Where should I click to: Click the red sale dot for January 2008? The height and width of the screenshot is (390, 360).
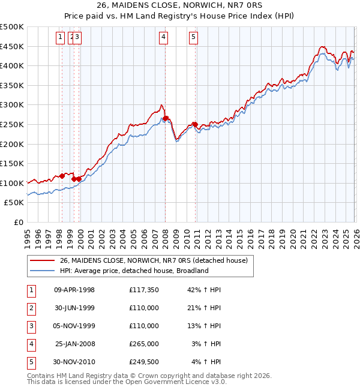click(166, 118)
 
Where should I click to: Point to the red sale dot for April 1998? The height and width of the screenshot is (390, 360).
click(62, 176)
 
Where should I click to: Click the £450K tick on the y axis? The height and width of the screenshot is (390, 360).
click(13, 46)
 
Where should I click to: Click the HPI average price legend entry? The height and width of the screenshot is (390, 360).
click(133, 271)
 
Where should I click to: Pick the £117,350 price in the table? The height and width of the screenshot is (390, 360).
click(143, 290)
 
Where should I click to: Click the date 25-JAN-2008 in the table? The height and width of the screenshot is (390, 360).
click(74, 344)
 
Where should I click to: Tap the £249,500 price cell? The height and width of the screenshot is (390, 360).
click(143, 362)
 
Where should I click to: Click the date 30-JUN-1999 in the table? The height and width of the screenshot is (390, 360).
click(74, 308)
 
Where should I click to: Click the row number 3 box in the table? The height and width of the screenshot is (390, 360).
click(31, 326)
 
